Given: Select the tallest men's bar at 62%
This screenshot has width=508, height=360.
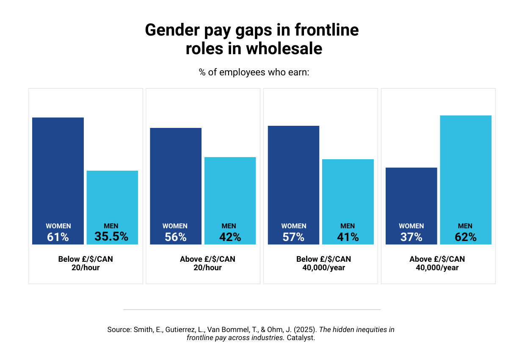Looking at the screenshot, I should (x=466, y=169).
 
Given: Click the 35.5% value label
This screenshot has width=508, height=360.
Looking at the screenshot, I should (x=111, y=237).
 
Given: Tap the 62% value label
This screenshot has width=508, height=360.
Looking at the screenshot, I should (x=466, y=237).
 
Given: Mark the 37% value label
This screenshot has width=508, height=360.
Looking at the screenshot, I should (x=411, y=237).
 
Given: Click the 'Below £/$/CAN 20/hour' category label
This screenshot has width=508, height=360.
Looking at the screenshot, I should (x=86, y=263).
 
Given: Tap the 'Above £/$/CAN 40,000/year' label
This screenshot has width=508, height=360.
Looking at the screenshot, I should (x=437, y=263).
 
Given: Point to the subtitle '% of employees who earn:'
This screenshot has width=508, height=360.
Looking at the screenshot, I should (x=254, y=72).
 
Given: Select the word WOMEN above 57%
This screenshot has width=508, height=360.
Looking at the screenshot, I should (x=293, y=226).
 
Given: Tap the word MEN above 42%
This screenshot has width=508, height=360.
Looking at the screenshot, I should (x=229, y=226).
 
